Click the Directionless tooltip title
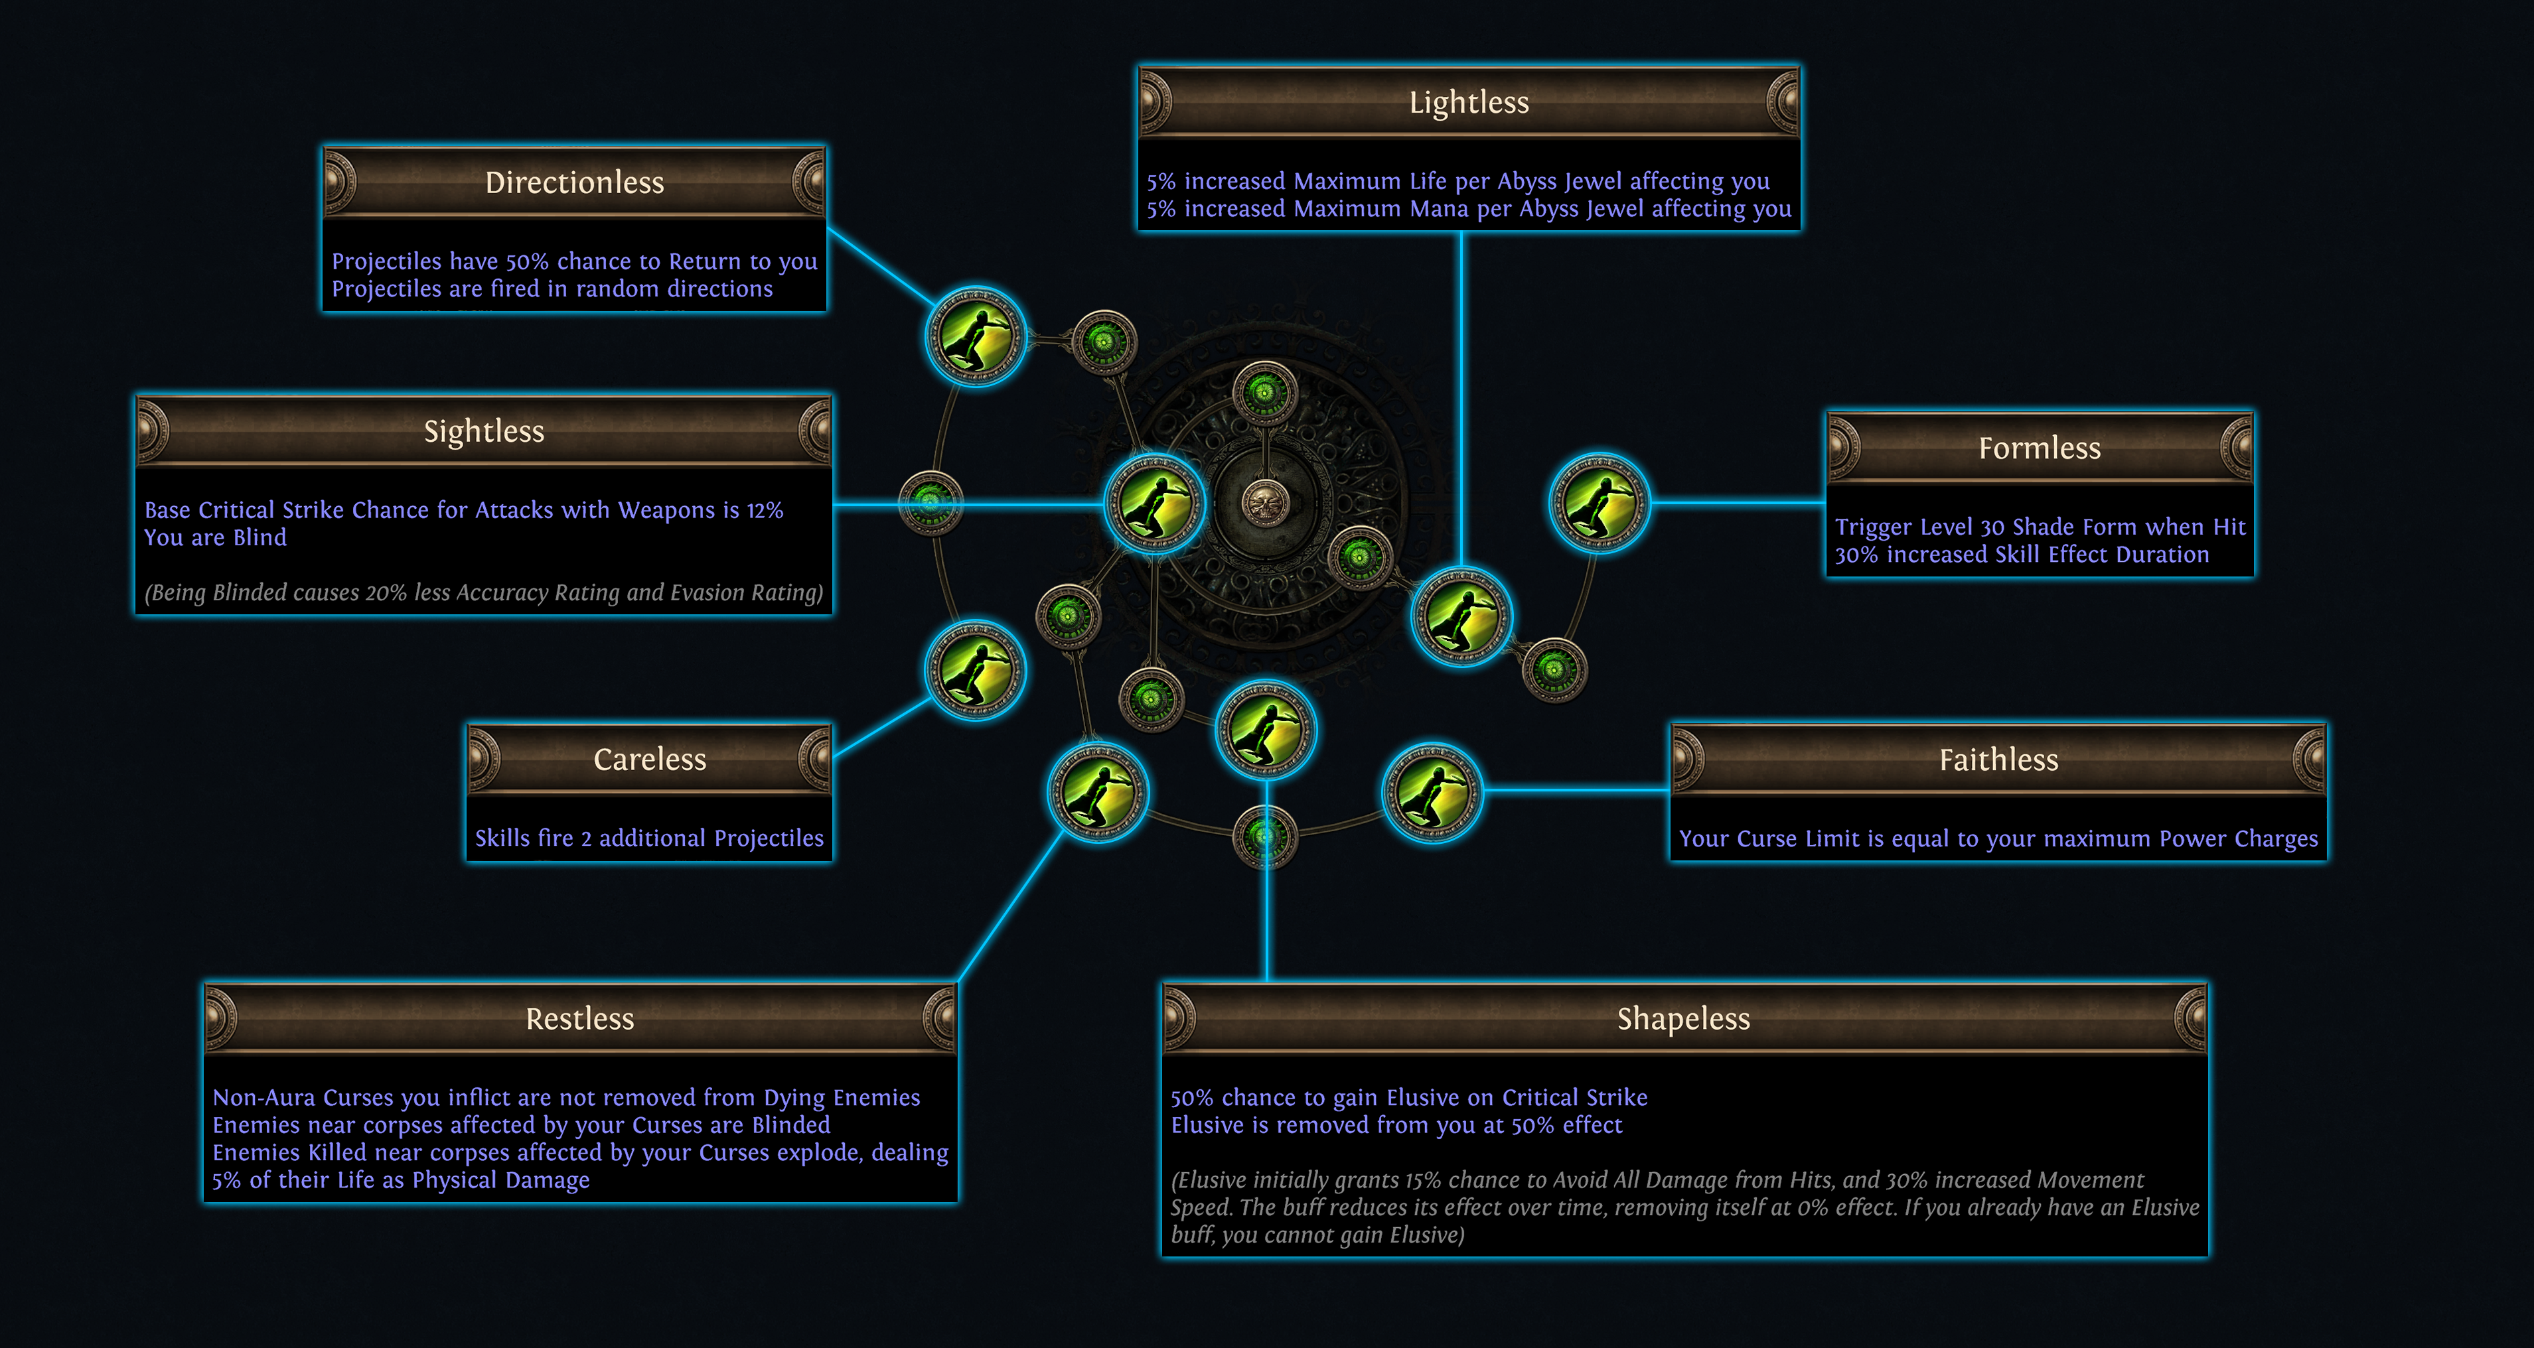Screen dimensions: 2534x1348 click(x=575, y=183)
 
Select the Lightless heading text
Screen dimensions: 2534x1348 click(x=1469, y=102)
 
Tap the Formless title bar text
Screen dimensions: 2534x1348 click(x=2039, y=448)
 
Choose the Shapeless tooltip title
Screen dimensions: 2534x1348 click(x=1683, y=1018)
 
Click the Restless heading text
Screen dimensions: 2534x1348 click(x=579, y=1018)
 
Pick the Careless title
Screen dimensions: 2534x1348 click(x=649, y=759)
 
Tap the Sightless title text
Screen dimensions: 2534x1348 click(x=483, y=432)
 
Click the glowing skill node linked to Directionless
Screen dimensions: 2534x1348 click(x=975, y=336)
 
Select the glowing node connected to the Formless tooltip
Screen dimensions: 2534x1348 click(x=1598, y=502)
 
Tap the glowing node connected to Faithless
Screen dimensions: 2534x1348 click(x=1432, y=791)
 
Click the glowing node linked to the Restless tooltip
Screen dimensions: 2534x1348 click(x=1098, y=791)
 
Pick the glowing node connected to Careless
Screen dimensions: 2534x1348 click(x=975, y=669)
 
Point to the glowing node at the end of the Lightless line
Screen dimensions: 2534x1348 click(x=1461, y=616)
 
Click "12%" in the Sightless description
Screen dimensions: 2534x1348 click(x=765, y=510)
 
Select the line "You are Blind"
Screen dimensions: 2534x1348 click(x=216, y=538)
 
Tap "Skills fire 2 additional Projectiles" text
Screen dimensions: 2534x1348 click(x=649, y=839)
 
